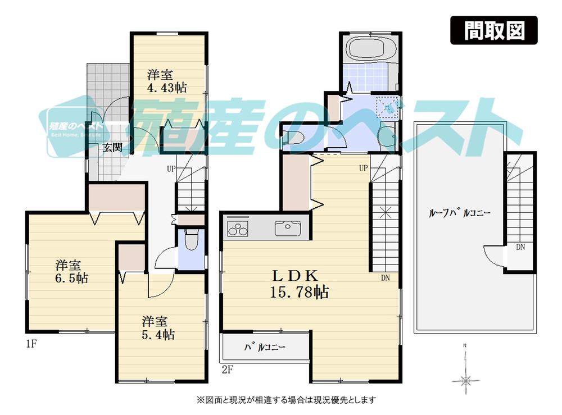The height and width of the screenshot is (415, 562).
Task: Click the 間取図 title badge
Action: pos(494,31)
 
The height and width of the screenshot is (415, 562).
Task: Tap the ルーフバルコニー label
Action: pos(459,213)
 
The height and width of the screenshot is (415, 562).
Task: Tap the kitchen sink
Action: pos(287,229)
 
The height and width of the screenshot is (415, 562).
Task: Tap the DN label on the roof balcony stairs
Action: pos(522,247)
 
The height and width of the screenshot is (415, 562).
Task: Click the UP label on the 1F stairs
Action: pos(171,168)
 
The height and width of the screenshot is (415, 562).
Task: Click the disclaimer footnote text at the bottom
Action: pos(285,400)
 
